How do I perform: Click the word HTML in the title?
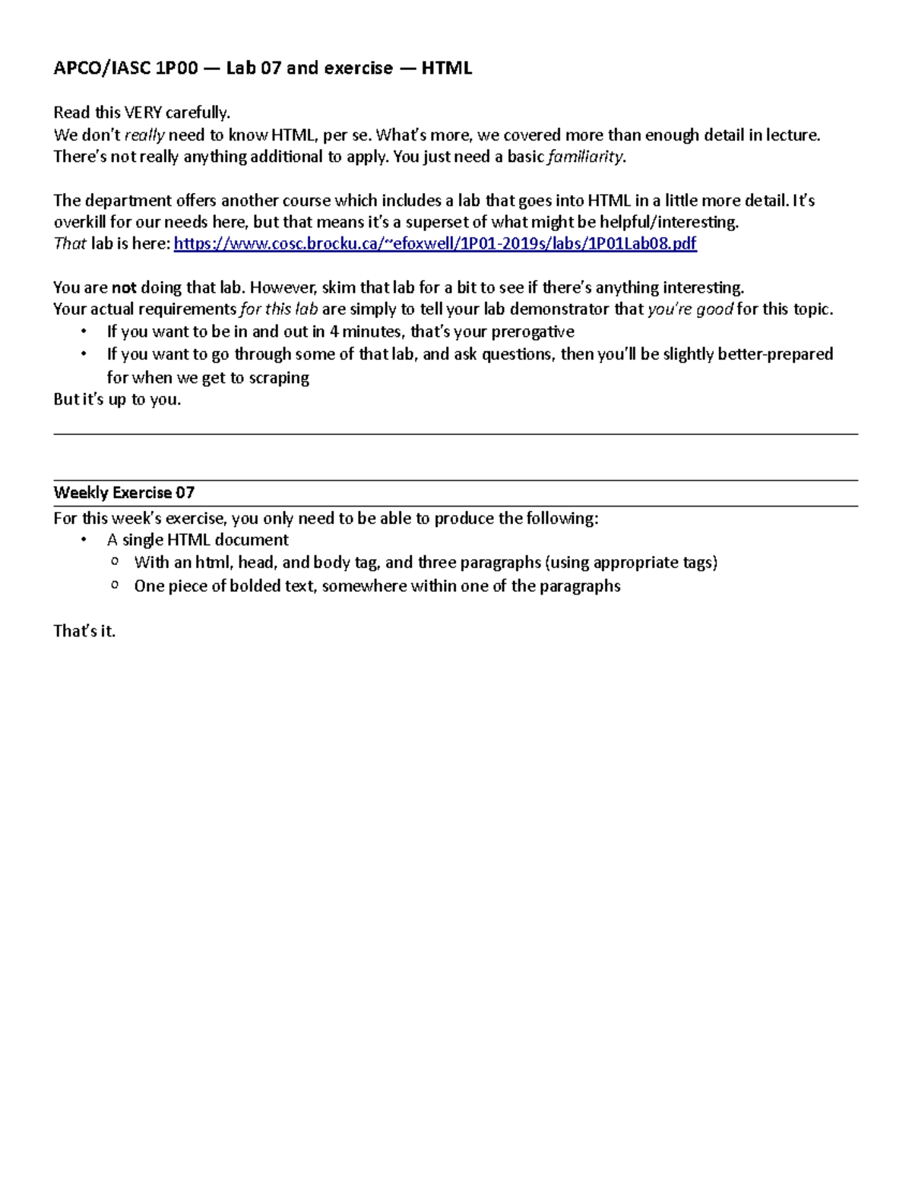pos(446,68)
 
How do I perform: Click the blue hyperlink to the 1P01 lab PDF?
pos(435,243)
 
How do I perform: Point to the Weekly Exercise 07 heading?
pos(124,493)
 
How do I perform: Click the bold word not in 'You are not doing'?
pos(124,287)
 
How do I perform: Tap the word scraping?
pos(279,378)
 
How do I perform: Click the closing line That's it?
pos(84,631)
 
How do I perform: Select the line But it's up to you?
pos(117,399)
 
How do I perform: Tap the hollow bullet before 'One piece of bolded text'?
pos(115,586)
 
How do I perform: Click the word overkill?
pos(80,222)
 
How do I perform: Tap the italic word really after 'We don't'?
pos(144,135)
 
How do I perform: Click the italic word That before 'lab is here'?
pos(70,243)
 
